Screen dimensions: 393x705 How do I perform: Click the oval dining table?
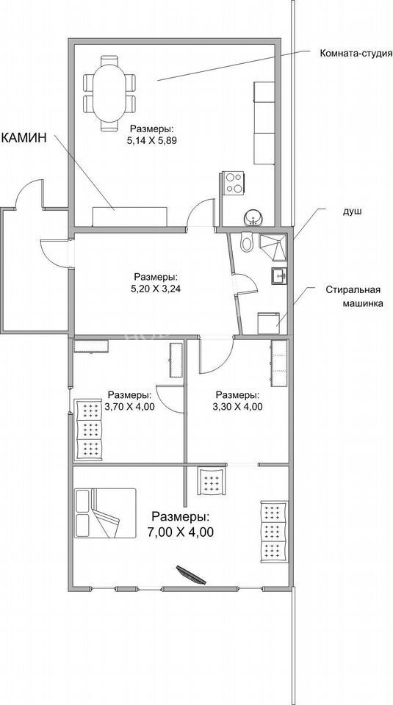pos(109,93)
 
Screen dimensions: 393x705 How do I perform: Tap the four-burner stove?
pos(233,183)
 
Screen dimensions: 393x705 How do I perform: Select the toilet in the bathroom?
pos(246,243)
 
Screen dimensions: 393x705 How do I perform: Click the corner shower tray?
pos(273,247)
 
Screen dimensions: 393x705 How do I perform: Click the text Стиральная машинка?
pos(354,296)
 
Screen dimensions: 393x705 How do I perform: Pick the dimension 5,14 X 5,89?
pos(151,140)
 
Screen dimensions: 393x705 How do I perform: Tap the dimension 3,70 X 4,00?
pos(129,407)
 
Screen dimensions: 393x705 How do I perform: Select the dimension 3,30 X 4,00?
pos(238,407)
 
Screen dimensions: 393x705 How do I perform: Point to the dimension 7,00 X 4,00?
pos(180,532)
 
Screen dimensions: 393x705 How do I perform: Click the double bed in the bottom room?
pos(106,513)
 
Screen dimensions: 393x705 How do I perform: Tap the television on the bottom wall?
pos(191,575)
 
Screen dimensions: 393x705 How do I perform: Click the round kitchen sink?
pos(254,219)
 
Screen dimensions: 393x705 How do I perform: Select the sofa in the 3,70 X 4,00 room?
pos(89,430)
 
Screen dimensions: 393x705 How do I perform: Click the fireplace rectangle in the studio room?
pos(129,217)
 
